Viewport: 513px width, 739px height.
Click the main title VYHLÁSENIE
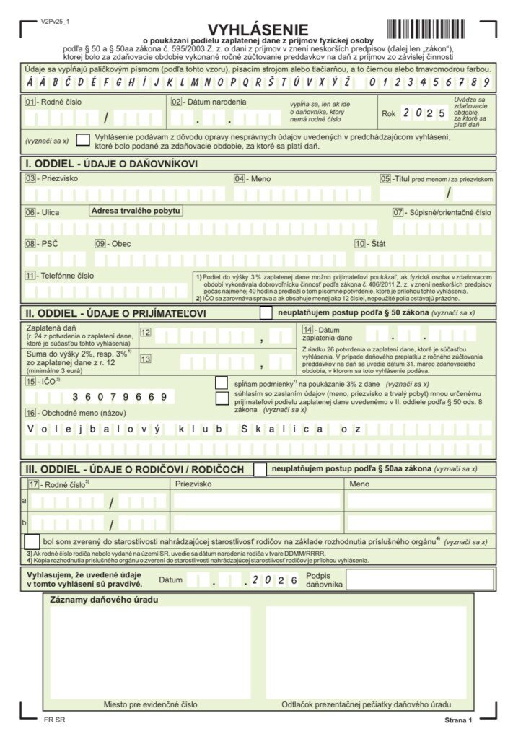(x=258, y=30)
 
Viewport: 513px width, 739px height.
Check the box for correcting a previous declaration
(x=84, y=140)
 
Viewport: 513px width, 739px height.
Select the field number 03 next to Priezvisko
(x=30, y=178)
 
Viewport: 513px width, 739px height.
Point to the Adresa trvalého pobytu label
(x=136, y=211)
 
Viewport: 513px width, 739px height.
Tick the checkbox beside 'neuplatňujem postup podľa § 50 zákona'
(x=266, y=313)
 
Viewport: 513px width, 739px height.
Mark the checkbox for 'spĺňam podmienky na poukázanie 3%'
(x=222, y=382)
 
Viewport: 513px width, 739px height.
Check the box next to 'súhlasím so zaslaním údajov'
(x=222, y=398)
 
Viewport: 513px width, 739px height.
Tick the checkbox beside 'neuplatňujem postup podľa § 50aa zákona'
(x=260, y=469)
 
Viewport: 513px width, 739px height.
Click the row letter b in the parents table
(x=25, y=522)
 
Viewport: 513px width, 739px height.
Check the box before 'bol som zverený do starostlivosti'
(x=32, y=541)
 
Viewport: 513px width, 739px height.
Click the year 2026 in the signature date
(x=277, y=580)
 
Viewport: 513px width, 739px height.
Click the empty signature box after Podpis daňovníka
(x=420, y=580)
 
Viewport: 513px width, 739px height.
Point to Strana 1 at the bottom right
(x=457, y=720)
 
